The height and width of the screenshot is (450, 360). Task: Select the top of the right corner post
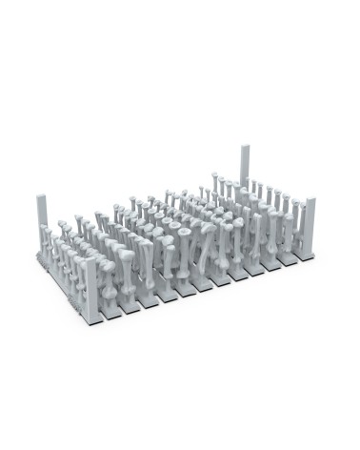pos(310,200)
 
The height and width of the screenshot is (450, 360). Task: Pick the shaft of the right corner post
pos(310,229)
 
